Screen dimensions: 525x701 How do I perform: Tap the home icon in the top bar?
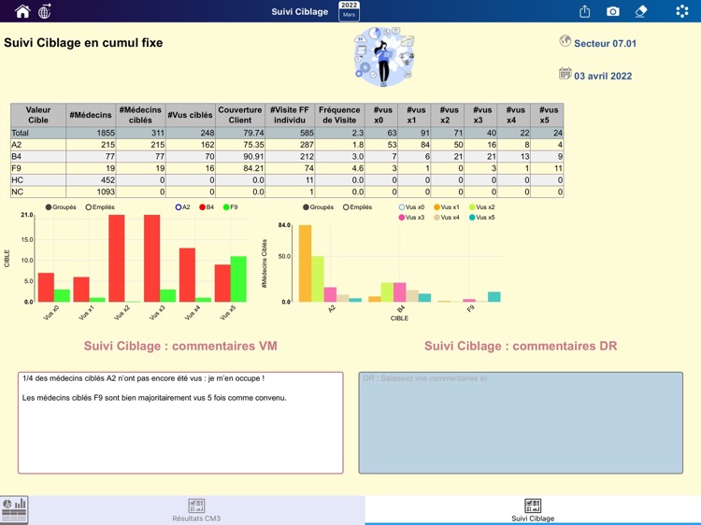click(x=22, y=11)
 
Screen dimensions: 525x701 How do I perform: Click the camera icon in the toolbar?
click(x=612, y=11)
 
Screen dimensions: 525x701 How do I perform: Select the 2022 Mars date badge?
click(x=349, y=10)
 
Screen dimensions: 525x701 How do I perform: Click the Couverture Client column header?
click(x=240, y=115)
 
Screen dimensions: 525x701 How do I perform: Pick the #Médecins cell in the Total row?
click(x=91, y=134)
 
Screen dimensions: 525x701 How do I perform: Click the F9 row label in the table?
click(x=17, y=169)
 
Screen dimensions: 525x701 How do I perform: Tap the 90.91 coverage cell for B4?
click(x=240, y=157)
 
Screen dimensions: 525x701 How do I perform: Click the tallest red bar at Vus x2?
click(x=117, y=258)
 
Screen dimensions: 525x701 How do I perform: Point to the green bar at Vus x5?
click(x=238, y=278)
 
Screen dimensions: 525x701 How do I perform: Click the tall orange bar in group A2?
click(x=305, y=263)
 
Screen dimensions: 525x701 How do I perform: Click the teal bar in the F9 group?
click(x=494, y=297)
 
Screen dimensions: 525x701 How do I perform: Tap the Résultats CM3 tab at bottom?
click(x=196, y=510)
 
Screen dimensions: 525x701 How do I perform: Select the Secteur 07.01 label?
click(x=604, y=44)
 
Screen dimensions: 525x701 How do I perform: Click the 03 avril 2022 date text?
click(x=602, y=76)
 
